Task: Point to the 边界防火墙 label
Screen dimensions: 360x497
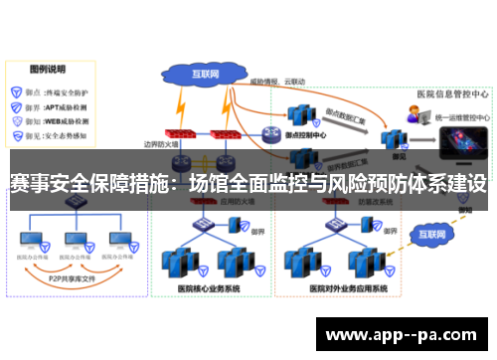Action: coord(160,143)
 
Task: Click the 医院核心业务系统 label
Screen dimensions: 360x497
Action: coord(209,289)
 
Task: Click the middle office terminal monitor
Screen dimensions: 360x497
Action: coord(76,242)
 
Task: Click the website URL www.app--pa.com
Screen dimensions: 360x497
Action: coord(405,334)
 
